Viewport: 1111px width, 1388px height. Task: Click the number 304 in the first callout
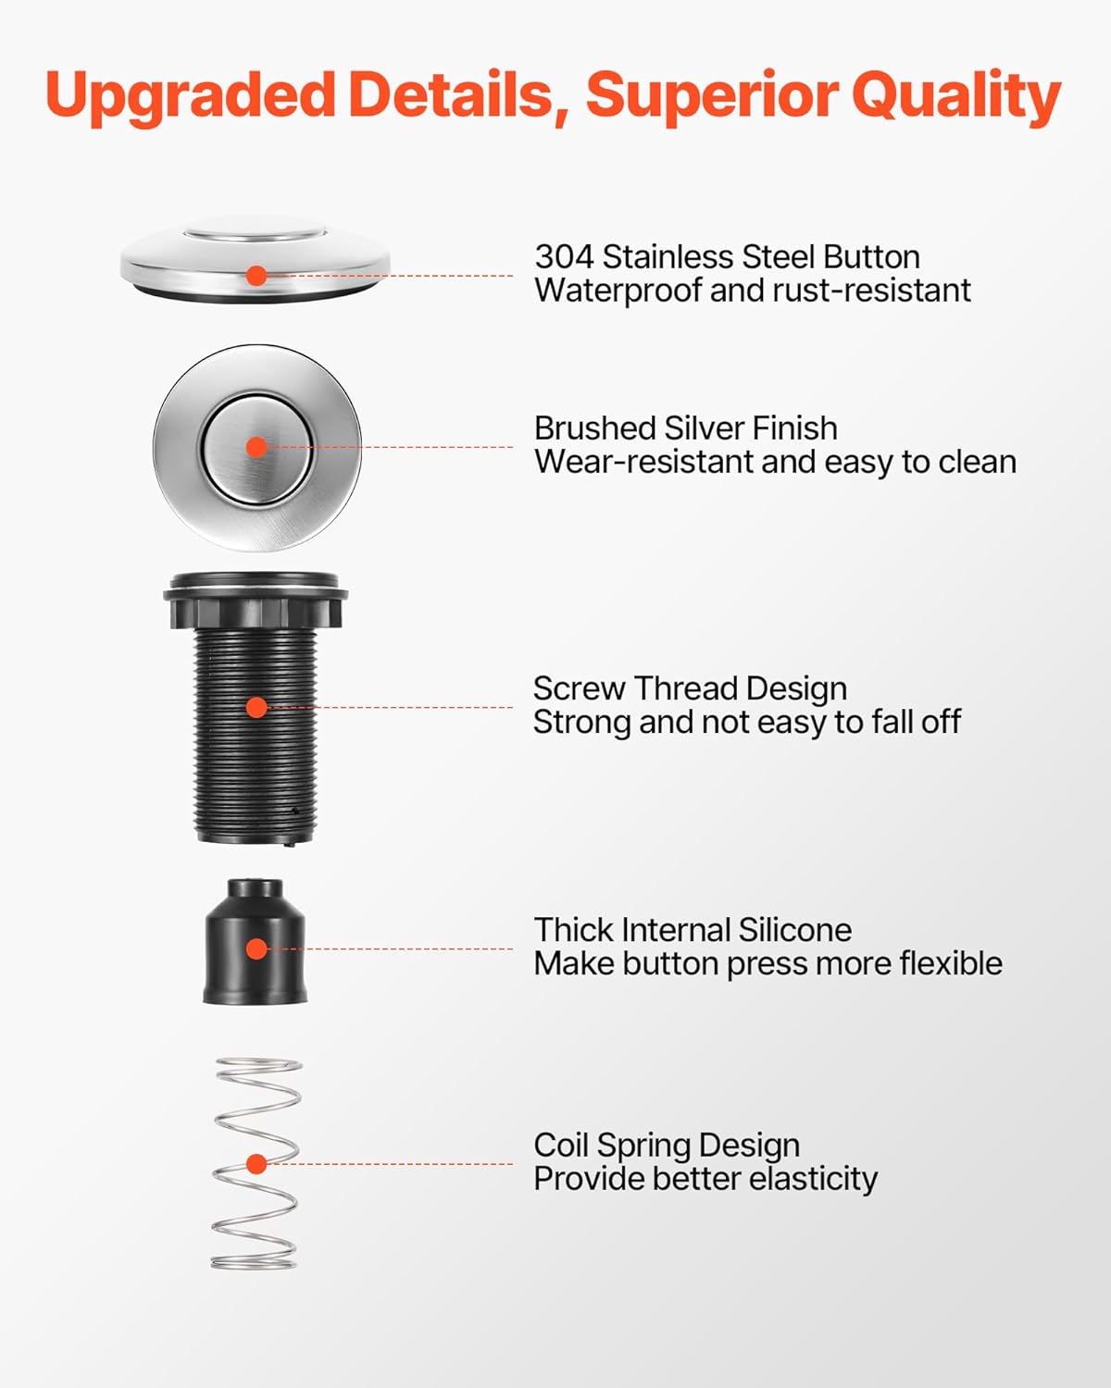[x=564, y=256]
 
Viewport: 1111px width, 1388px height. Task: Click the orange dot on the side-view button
[x=257, y=276]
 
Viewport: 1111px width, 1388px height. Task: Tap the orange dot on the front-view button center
[x=257, y=447]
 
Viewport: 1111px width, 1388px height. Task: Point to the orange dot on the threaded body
[x=257, y=707]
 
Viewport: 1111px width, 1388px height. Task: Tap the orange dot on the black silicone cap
[x=257, y=948]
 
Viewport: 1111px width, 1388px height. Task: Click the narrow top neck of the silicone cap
[x=255, y=889]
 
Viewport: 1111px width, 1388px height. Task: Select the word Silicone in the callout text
[x=794, y=930]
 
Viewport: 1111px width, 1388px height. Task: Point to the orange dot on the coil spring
[x=257, y=1164]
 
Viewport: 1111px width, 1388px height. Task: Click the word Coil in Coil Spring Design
[x=561, y=1146]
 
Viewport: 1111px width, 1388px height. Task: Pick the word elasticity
[x=814, y=1179]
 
